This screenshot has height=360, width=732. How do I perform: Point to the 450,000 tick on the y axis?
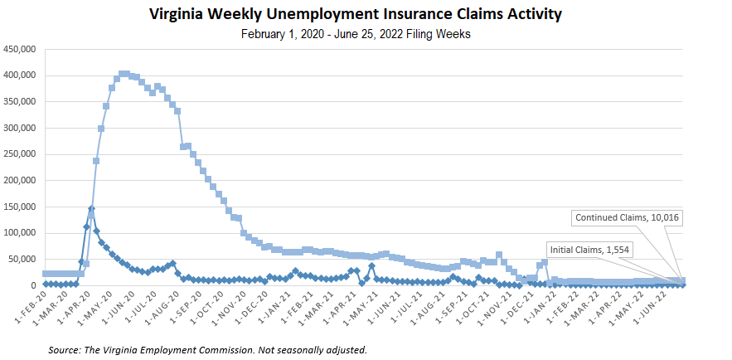click(20, 50)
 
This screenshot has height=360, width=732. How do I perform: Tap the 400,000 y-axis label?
click(20, 75)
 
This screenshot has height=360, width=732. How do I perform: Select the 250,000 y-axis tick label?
click(20, 154)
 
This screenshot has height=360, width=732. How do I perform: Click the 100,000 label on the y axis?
click(20, 233)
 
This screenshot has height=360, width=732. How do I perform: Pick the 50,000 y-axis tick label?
click(22, 260)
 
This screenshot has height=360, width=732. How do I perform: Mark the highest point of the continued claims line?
click(124, 74)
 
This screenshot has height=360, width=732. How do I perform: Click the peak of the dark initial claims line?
click(91, 209)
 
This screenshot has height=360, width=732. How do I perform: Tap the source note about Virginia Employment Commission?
click(207, 349)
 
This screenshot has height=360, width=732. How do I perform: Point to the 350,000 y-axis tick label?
click(20, 102)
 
